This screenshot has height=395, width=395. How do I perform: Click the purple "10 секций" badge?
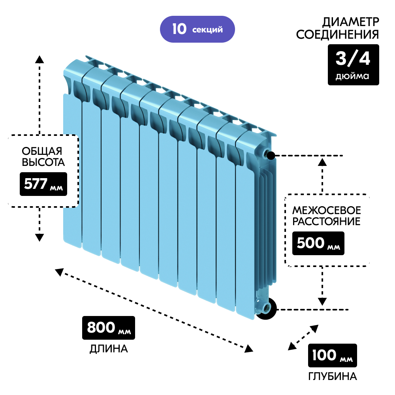click(197, 29)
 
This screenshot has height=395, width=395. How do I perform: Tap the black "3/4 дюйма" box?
click(353, 64)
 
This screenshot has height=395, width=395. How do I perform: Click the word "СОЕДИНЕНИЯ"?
click(337, 35)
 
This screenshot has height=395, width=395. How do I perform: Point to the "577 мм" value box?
click(43, 184)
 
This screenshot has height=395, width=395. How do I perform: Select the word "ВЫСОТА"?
click(43, 162)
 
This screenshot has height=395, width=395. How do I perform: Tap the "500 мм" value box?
click(318, 243)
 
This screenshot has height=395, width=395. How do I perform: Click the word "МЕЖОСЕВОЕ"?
click(326, 209)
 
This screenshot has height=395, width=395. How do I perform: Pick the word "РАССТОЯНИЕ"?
click(326, 221)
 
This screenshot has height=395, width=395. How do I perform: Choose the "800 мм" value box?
click(109, 328)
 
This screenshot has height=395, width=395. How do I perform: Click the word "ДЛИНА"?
click(109, 349)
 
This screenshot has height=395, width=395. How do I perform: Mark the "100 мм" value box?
click(332, 355)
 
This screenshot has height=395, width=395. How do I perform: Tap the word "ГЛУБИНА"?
click(333, 376)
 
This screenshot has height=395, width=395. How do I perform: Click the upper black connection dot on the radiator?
click(271, 155)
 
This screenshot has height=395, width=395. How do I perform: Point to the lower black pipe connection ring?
click(265, 308)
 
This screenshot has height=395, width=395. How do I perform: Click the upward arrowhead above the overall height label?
click(39, 60)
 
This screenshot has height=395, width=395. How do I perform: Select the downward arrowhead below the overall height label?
click(39, 237)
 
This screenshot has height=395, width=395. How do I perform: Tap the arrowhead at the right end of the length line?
click(249, 348)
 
